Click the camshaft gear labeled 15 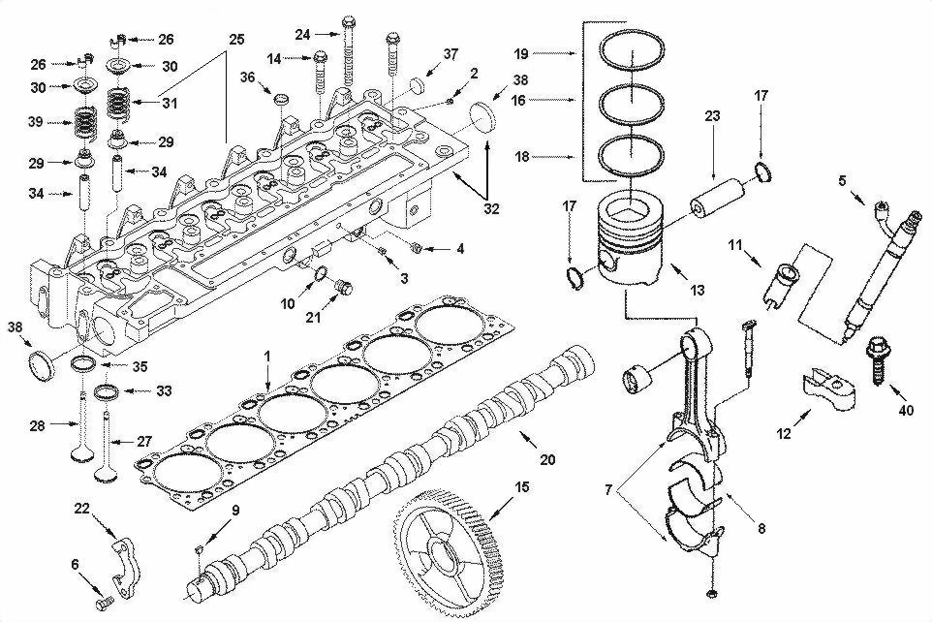450,553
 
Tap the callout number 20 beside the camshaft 547,460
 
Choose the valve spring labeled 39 90,124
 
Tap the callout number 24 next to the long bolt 303,35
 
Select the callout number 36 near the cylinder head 247,78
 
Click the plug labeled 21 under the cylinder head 340,288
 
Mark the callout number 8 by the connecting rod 761,529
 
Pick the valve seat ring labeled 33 108,391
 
